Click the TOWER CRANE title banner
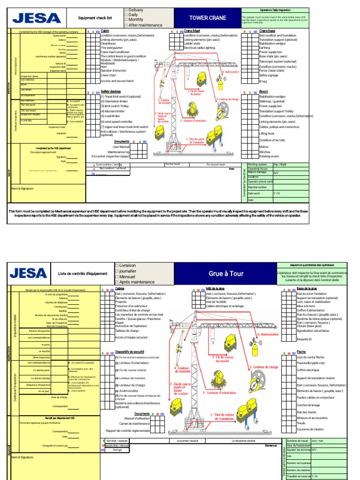207,18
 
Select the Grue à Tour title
226,274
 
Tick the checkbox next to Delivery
126,10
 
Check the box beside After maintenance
126,25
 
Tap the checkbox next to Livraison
116,265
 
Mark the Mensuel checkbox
116,277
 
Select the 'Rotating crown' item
269,157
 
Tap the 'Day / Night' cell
282,165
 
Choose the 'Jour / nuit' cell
317,441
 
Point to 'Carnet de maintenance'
135,424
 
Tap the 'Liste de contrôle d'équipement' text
82,274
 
